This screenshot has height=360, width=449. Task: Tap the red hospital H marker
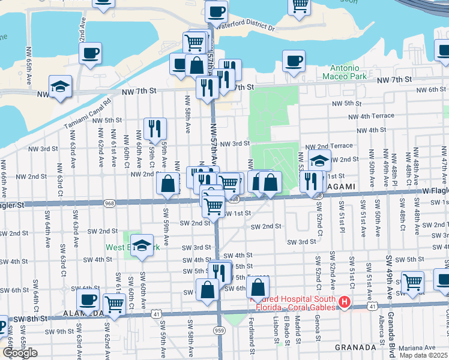[x=345, y=302]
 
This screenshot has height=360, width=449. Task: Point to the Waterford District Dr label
[x=246, y=28]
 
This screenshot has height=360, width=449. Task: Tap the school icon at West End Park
[x=142, y=245]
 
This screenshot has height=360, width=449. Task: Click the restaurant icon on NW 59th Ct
[x=155, y=128]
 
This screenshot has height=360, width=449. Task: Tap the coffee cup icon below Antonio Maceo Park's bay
[x=294, y=60]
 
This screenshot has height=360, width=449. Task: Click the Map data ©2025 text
[x=423, y=355]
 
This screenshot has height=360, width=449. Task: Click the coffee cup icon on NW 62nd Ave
[x=90, y=53]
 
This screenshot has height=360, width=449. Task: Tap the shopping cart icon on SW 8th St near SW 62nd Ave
[x=114, y=303]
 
